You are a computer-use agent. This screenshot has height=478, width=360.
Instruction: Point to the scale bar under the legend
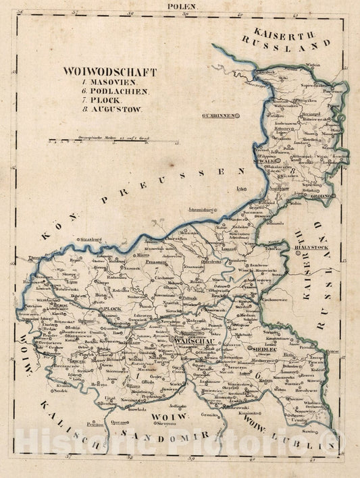point(108,142)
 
